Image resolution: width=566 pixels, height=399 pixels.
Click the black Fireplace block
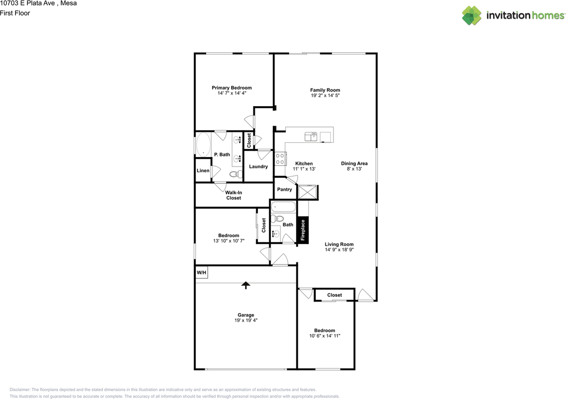[303, 230]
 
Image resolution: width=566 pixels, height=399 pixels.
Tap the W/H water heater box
[201, 272]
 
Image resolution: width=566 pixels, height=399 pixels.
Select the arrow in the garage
[245, 285]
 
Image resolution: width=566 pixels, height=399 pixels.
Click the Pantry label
[284, 189]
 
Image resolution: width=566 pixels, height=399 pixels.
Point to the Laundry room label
[258, 166]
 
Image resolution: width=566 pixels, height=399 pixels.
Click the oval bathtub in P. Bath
[203, 145]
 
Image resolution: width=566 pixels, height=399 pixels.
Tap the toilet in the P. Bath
[236, 174]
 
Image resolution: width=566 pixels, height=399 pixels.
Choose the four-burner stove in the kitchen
[280, 159]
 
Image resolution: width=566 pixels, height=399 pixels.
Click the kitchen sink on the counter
[311, 137]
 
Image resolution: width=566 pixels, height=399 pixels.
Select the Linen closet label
[203, 171]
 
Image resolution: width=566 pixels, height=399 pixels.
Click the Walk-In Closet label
[233, 195]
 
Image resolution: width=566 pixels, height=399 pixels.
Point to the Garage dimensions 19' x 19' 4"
[246, 320]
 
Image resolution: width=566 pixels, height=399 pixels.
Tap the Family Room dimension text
[325, 95]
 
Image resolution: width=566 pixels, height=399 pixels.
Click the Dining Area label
[354, 163]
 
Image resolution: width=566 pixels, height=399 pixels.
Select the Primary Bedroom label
[232, 88]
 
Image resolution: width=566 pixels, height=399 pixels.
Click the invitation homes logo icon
[472, 15]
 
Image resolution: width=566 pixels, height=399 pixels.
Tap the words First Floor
[15, 13]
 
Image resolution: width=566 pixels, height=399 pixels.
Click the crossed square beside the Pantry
[307, 192]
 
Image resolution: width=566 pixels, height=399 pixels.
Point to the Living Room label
[339, 244]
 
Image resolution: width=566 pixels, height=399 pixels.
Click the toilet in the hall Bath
[277, 218]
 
